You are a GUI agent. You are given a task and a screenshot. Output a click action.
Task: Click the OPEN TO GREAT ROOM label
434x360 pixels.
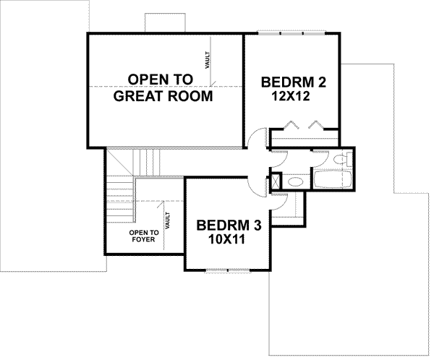[163, 87]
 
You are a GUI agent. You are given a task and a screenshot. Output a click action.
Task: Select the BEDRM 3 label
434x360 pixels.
[228, 226]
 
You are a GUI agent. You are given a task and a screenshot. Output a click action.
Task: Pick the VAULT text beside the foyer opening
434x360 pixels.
[167, 220]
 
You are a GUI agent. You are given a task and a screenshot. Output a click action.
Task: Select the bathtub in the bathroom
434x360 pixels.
[332, 179]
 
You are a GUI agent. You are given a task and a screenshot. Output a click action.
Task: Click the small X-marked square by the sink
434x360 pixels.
[276, 181]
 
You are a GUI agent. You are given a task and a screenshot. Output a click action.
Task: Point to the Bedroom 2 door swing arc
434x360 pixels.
[255, 139]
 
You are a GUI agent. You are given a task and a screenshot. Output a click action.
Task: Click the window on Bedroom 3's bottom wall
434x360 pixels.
[228, 270]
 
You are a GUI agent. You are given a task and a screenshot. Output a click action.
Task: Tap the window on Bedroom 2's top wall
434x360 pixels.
[292, 33]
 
